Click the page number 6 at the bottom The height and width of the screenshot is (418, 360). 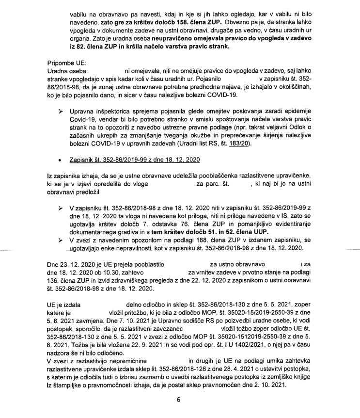point(178,401)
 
